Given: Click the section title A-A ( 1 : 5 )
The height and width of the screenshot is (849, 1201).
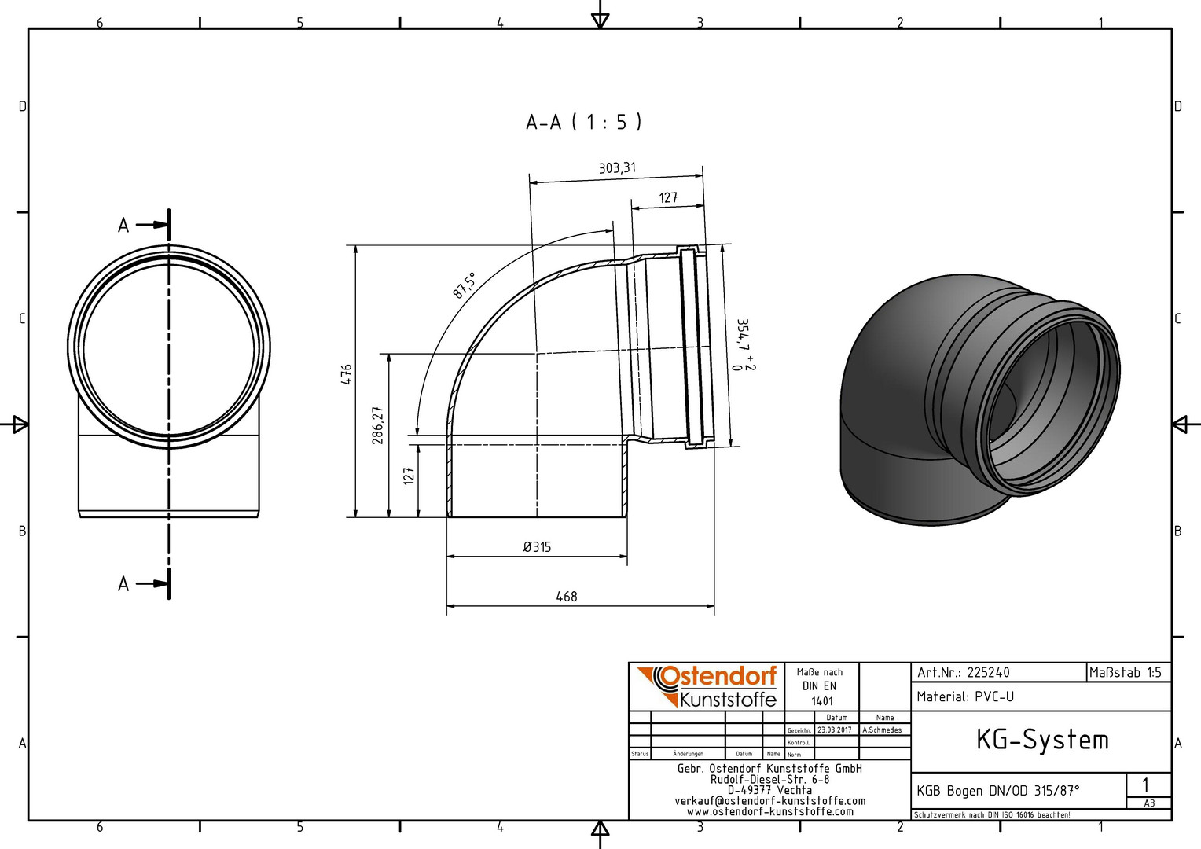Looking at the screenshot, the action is click(583, 123).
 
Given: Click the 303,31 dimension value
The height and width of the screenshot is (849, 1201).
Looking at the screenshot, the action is click(617, 168).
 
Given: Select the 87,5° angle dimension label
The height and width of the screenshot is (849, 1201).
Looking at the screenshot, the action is click(464, 285).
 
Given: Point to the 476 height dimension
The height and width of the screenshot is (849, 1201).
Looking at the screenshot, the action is click(347, 374).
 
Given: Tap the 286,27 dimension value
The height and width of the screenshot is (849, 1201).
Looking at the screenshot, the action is click(378, 425).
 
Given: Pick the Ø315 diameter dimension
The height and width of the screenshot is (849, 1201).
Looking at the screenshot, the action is click(537, 547).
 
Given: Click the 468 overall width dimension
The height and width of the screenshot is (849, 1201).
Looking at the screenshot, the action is click(566, 597).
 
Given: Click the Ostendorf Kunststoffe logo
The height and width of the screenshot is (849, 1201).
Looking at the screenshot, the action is click(707, 687).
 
